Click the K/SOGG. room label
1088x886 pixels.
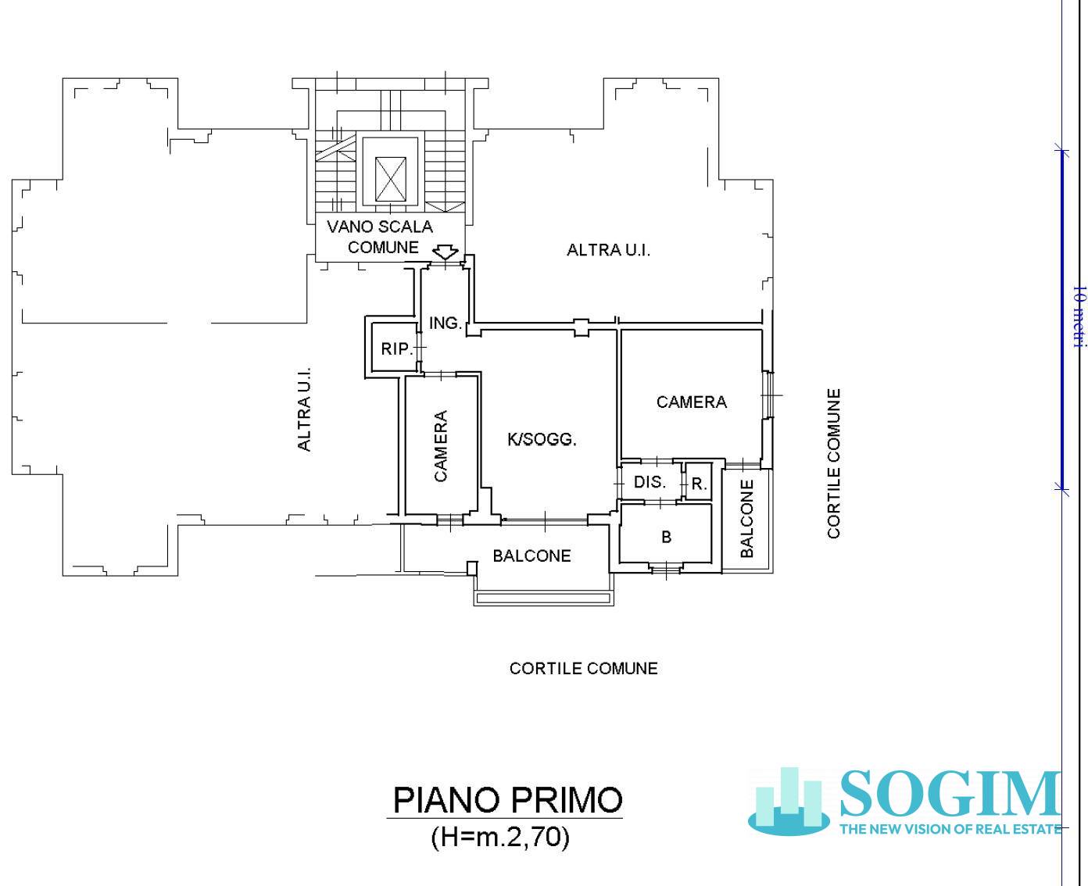click(x=542, y=439)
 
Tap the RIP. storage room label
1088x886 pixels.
click(x=396, y=349)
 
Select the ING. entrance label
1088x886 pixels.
click(x=445, y=323)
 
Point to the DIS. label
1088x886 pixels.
click(x=650, y=482)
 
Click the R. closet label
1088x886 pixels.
click(x=699, y=484)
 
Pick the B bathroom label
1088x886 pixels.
click(x=666, y=537)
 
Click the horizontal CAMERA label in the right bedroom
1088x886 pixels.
click(x=691, y=402)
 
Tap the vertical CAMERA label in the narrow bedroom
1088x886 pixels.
click(x=441, y=445)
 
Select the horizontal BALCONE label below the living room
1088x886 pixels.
click(x=531, y=556)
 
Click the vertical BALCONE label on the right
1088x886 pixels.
click(x=746, y=518)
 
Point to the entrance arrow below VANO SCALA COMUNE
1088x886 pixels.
click(x=446, y=252)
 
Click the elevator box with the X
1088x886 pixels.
click(x=391, y=179)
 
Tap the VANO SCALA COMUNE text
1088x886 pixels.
click(x=381, y=237)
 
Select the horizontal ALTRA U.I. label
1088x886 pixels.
click(x=608, y=250)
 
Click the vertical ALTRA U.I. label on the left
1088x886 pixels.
click(x=305, y=409)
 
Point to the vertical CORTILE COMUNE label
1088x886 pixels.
click(x=834, y=463)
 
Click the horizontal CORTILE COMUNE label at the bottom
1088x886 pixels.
click(x=583, y=668)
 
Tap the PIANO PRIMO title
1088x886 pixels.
click(x=507, y=800)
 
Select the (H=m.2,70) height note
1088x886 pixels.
click(x=500, y=837)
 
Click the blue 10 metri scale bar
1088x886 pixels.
click(x=1061, y=318)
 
